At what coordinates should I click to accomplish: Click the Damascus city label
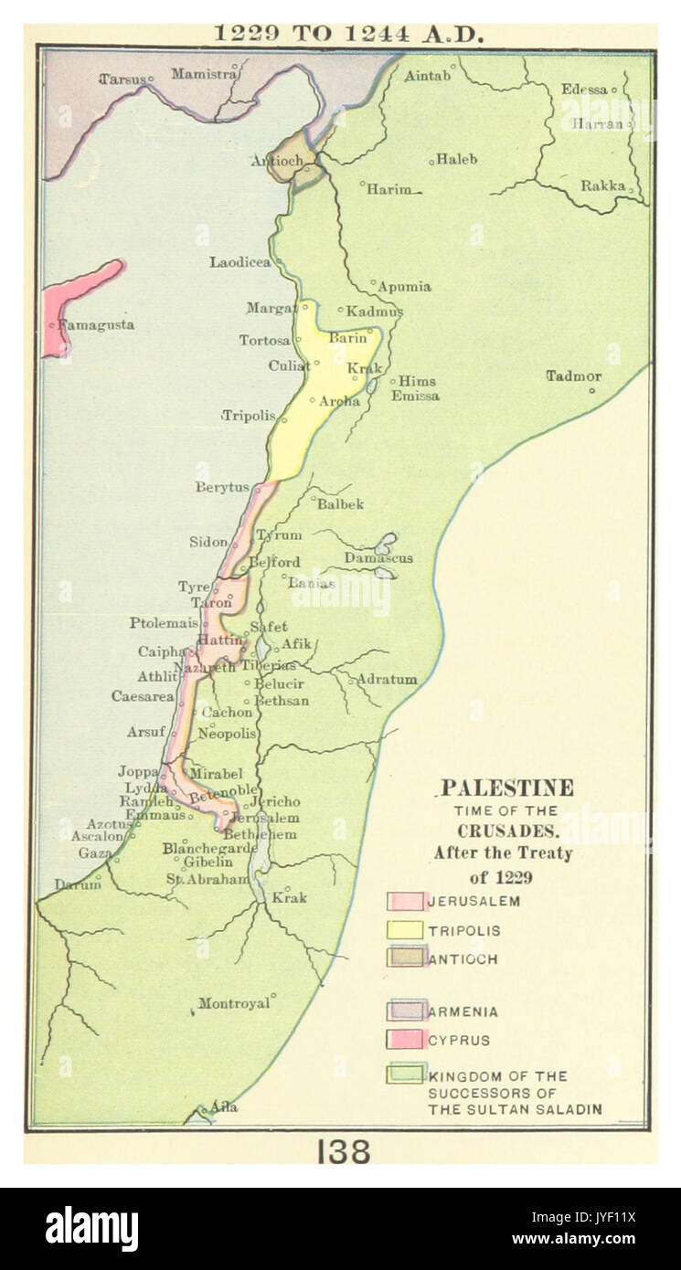378,557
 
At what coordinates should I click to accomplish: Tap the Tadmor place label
573,376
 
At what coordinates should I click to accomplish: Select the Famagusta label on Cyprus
96,324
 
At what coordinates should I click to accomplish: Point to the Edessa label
584,89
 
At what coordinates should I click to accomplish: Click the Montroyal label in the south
234,1003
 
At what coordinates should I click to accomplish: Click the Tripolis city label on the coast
249,415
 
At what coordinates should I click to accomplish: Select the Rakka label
603,185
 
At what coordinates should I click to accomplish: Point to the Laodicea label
239,262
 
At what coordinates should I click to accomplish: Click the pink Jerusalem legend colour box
405,902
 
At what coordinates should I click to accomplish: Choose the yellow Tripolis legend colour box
405,930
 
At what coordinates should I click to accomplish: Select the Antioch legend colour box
405,958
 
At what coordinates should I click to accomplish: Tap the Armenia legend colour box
405,1011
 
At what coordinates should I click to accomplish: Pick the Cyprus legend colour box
405,1040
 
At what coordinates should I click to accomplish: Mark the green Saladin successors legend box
405,1074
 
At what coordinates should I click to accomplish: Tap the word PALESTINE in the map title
507,788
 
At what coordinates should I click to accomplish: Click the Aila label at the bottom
224,1106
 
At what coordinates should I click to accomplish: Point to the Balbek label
340,503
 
